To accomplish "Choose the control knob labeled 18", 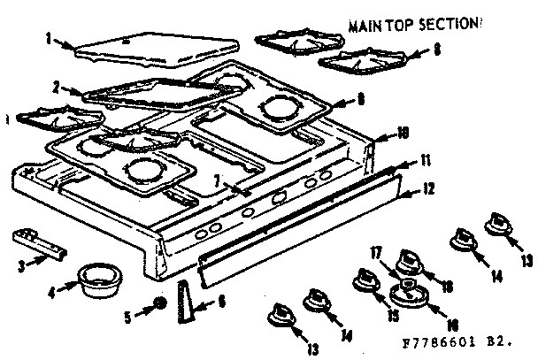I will point(409,262).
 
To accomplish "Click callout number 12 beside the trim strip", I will point(428,188).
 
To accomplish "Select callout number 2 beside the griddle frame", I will point(56,87).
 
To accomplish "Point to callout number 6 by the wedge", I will point(221,302).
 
